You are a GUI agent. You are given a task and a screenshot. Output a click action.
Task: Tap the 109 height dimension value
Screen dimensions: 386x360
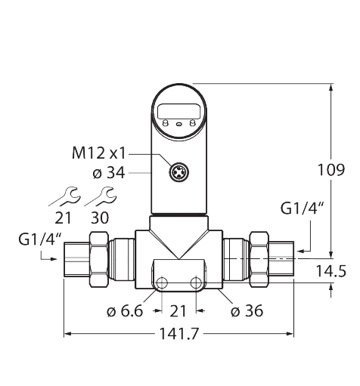[331, 170]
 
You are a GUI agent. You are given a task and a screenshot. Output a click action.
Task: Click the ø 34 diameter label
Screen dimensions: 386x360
[107, 172]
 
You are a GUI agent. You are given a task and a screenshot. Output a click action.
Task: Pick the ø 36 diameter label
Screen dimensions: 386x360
[247, 310]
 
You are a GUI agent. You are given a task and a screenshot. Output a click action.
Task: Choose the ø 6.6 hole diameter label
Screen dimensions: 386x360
[125, 310]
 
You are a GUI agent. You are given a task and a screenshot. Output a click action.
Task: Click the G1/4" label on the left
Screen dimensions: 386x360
[37, 240]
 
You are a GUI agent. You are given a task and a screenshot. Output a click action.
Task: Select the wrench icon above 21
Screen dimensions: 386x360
[64, 196]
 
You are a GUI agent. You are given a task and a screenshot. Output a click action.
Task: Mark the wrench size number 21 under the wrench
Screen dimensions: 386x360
[63, 218]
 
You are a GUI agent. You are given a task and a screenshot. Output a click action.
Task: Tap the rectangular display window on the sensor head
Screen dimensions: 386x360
[179, 114]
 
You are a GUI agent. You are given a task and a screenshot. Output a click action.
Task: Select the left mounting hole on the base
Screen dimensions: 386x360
[161, 283]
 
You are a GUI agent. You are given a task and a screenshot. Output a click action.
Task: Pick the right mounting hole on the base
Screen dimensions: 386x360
[197, 283]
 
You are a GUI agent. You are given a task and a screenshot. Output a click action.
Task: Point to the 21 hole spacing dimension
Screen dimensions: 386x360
[179, 310]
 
